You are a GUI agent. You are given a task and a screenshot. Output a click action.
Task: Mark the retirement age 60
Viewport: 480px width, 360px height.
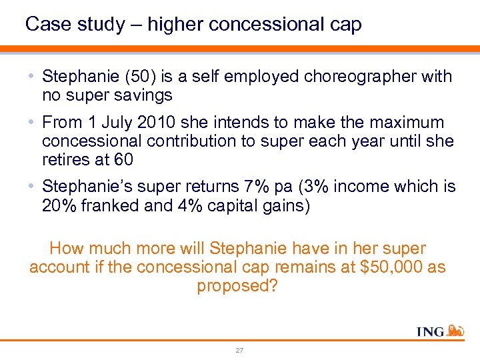[x=123, y=160]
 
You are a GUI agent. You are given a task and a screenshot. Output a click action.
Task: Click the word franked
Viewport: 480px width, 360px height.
[x=109, y=205]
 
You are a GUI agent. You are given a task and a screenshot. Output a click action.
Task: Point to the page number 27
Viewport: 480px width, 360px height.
[x=239, y=350]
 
